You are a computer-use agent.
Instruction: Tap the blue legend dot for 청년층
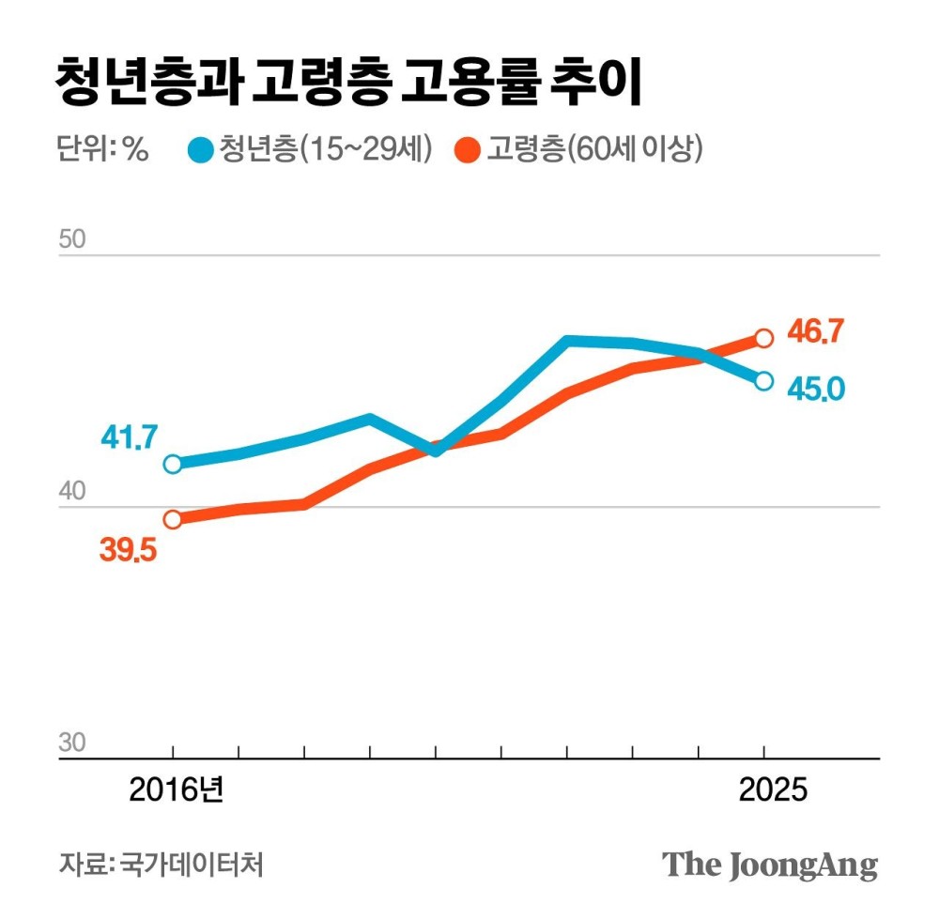[200, 149]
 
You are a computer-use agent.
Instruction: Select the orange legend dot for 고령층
[469, 149]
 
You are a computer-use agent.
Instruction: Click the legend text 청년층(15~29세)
[324, 149]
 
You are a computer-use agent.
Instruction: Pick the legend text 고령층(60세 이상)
[593, 149]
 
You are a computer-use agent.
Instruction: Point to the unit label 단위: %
[102, 149]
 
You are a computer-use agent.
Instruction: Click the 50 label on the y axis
[72, 238]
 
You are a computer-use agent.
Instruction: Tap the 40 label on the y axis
[72, 492]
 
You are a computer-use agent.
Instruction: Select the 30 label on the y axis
[72, 743]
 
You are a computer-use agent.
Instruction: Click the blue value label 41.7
[129, 437]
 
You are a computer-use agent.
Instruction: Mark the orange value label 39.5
[129, 550]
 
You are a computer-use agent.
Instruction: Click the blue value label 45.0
[816, 387]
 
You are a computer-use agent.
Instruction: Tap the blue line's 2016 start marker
[173, 464]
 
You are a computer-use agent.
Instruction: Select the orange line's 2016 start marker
[173, 519]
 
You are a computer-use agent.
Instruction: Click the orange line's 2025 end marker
[764, 338]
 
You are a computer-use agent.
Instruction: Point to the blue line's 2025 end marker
[764, 380]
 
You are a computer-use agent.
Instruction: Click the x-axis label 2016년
[177, 789]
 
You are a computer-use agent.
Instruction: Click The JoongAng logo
[770, 865]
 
